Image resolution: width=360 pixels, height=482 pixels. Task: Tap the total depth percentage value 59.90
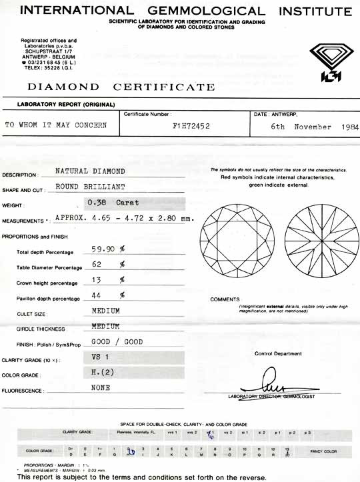click(104, 249)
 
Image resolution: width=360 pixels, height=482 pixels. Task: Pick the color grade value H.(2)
click(102, 371)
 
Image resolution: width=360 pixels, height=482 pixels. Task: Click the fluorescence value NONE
click(101, 387)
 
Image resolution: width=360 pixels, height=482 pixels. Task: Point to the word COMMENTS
click(225, 299)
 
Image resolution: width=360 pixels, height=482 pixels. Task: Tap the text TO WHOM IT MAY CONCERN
click(56, 125)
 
